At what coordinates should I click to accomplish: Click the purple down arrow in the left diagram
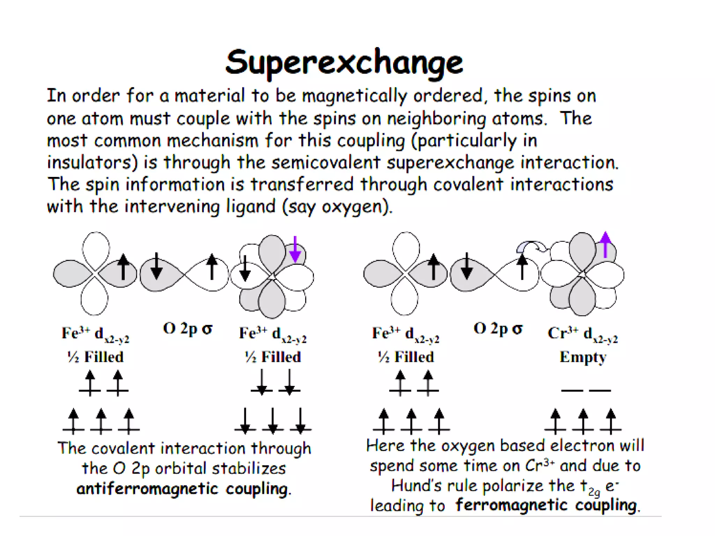pyautogui.click(x=295, y=249)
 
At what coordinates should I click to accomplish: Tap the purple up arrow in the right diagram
pyautogui.click(x=605, y=245)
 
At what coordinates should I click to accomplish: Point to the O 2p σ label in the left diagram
pyautogui.click(x=188, y=329)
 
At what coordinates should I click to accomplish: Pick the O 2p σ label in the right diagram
pyautogui.click(x=498, y=329)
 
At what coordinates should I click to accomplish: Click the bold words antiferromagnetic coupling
pyautogui.click(x=183, y=489)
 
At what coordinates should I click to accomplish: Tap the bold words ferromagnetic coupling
pyautogui.click(x=547, y=505)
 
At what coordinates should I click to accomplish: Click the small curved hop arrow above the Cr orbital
pyautogui.click(x=531, y=246)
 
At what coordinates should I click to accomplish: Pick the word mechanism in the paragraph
pyautogui.click(x=212, y=141)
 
